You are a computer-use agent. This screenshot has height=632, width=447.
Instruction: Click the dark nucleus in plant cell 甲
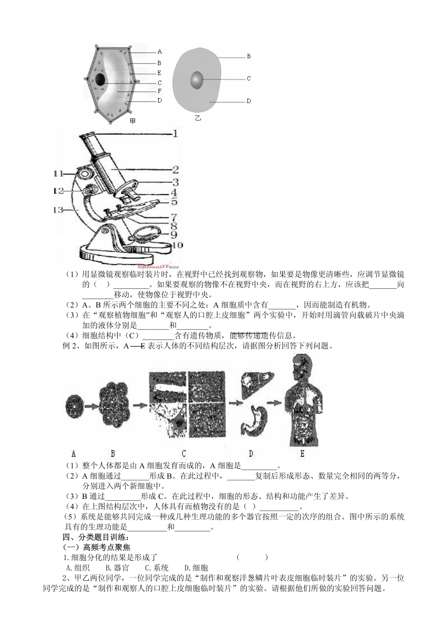[100, 79]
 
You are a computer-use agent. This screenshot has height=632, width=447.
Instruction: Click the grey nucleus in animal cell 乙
[197, 80]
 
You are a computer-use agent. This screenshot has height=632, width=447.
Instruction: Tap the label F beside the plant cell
[160, 91]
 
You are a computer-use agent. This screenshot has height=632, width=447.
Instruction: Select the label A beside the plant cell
[160, 52]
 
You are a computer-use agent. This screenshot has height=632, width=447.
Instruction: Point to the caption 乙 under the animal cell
[198, 118]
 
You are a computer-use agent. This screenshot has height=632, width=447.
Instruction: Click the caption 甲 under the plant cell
[133, 121]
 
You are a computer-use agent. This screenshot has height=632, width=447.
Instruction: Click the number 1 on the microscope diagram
[175, 134]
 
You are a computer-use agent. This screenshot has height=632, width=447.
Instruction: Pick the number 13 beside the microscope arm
[58, 210]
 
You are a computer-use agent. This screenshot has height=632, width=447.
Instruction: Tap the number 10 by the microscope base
[177, 245]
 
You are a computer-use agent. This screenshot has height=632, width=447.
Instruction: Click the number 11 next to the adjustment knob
[58, 174]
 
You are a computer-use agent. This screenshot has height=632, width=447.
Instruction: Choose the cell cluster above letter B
[113, 403]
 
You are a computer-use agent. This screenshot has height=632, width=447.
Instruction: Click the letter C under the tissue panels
[184, 454]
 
